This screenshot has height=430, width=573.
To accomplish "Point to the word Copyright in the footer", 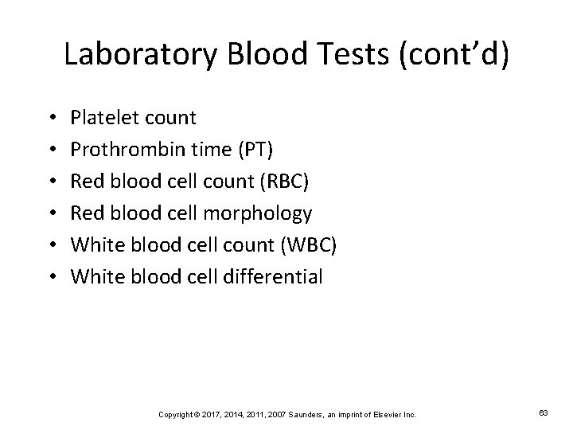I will point(177,414).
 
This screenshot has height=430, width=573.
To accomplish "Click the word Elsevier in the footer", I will point(381,414).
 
